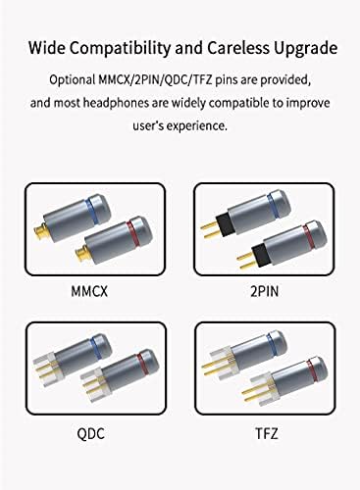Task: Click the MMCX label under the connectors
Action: click(x=89, y=292)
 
